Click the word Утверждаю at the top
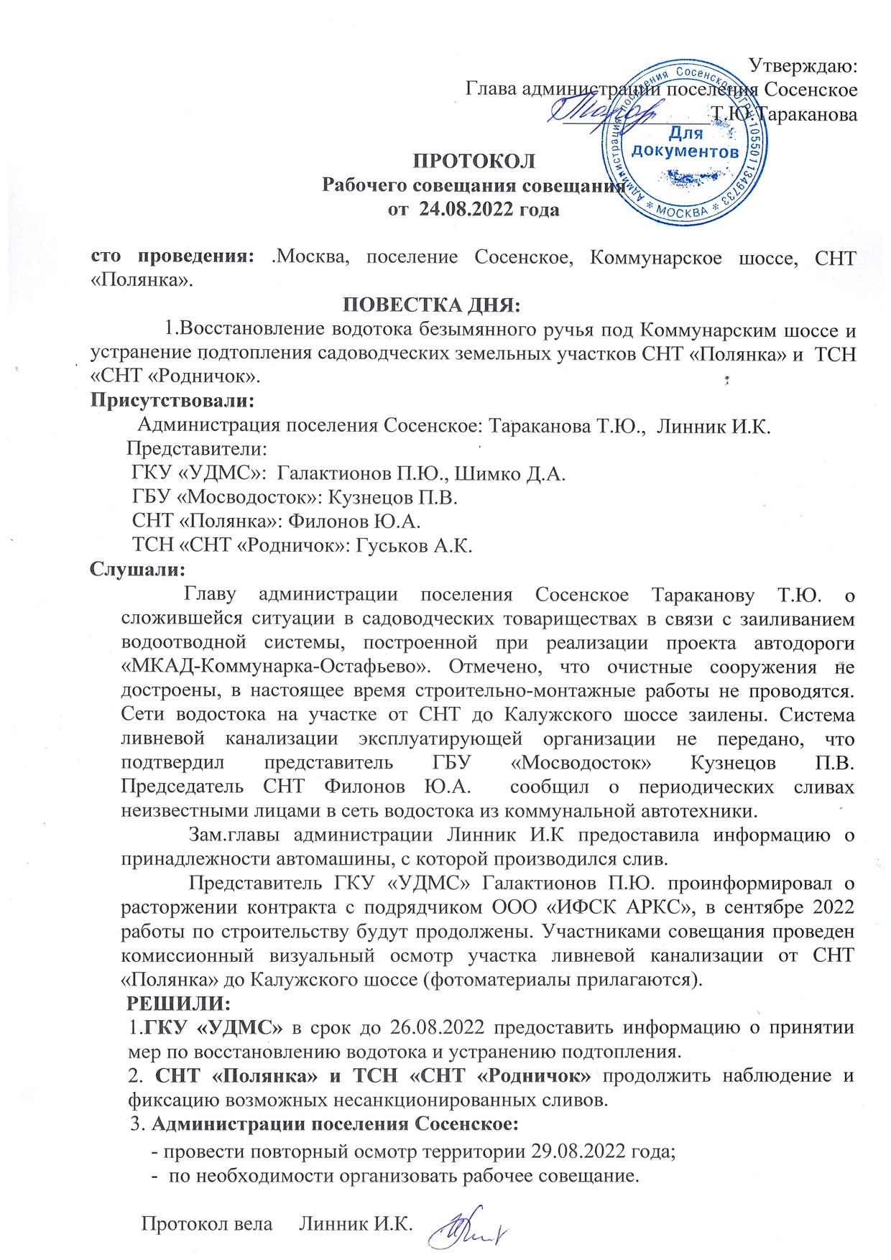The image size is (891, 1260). pos(803,65)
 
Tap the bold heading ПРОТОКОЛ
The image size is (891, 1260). pos(474,160)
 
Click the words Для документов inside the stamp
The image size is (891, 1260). pos(685,142)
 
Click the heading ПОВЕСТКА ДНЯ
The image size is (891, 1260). pos(432,305)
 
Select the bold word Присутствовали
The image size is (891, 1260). pos(172,399)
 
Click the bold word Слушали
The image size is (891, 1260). pos(137,569)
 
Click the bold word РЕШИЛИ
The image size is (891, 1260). pos(179,1003)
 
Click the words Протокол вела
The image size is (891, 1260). pos(207,1223)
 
